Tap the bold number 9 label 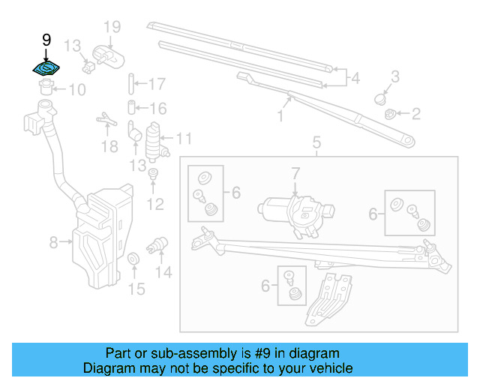point(46,39)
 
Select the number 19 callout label point(112,28)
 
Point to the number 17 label point(157,83)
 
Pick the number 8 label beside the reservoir point(53,242)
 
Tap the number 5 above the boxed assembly point(316,142)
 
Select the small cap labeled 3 point(382,98)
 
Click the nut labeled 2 point(390,114)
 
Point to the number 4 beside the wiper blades point(355,77)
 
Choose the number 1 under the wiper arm point(280,116)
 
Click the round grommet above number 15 point(134,259)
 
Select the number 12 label point(154,203)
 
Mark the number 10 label point(77,91)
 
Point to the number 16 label point(157,109)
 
